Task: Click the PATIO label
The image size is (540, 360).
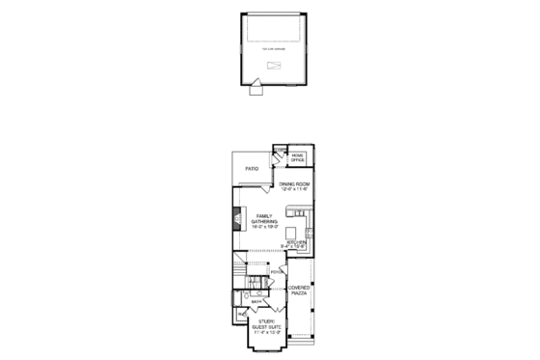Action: (253, 169)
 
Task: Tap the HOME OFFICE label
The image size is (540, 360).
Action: (297, 156)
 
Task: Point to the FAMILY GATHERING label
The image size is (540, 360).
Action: (263, 220)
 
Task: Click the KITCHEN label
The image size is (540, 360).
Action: (296, 242)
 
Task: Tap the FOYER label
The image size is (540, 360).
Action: (276, 273)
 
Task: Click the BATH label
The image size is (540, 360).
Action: (256, 302)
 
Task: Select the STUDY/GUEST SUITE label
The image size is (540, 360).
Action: (264, 324)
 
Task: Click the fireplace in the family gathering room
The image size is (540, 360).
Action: (237, 221)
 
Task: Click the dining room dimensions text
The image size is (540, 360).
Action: (294, 189)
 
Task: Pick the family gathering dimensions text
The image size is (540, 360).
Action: (263, 228)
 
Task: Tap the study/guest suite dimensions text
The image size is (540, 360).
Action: (264, 334)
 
